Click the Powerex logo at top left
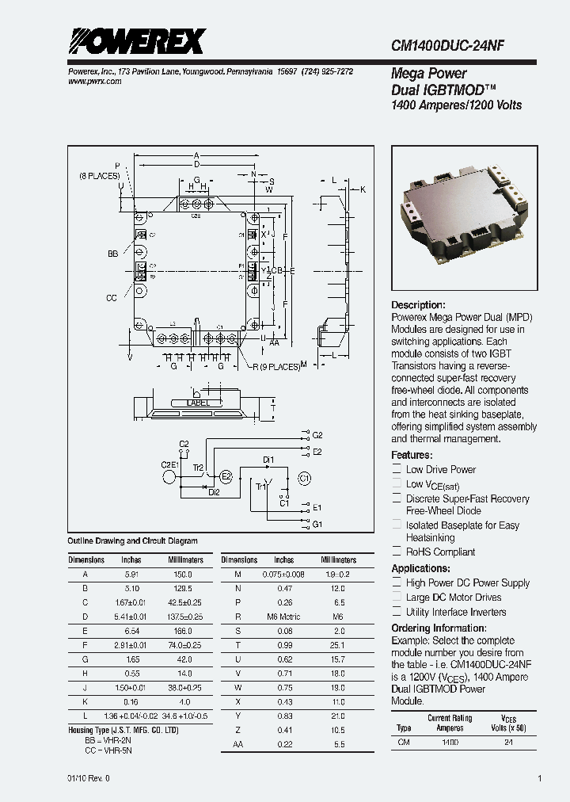point(136,41)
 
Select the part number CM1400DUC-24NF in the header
point(448,47)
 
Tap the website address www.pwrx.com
point(90,81)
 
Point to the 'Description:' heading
point(419,305)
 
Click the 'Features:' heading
point(412,456)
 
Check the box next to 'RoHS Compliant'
point(397,552)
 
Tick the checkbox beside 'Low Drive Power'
point(397,470)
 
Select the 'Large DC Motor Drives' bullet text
point(454,598)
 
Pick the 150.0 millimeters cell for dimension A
point(183,574)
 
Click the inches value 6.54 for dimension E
point(131,630)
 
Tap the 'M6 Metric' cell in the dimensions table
point(283,616)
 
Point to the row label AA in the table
point(238,744)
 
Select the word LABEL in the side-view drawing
point(199,403)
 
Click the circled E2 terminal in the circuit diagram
point(226,476)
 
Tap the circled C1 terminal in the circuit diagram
point(304,478)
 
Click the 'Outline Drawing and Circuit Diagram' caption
point(132,541)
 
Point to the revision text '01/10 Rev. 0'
point(89,778)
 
